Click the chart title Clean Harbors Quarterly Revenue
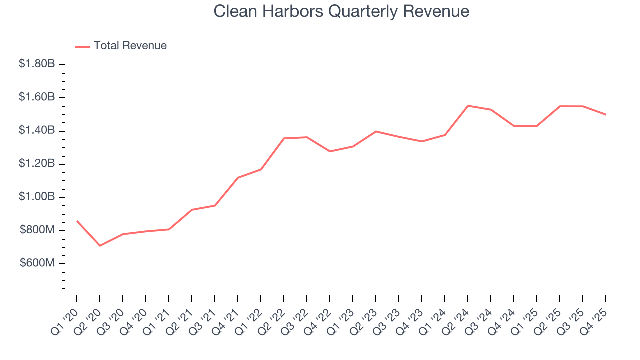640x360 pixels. (341, 11)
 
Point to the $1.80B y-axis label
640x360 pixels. (37, 64)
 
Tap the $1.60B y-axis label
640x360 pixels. (37, 97)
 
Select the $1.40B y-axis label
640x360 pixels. (37, 130)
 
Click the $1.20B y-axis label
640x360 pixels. (37, 163)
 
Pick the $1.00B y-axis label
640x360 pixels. (37, 197)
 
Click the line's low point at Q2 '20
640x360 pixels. (100, 246)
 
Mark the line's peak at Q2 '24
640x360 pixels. (468, 106)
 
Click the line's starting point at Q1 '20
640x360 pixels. (77, 221)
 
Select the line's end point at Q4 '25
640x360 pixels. (606, 115)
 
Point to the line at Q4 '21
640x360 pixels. (238, 178)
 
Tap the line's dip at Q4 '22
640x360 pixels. (330, 151)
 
